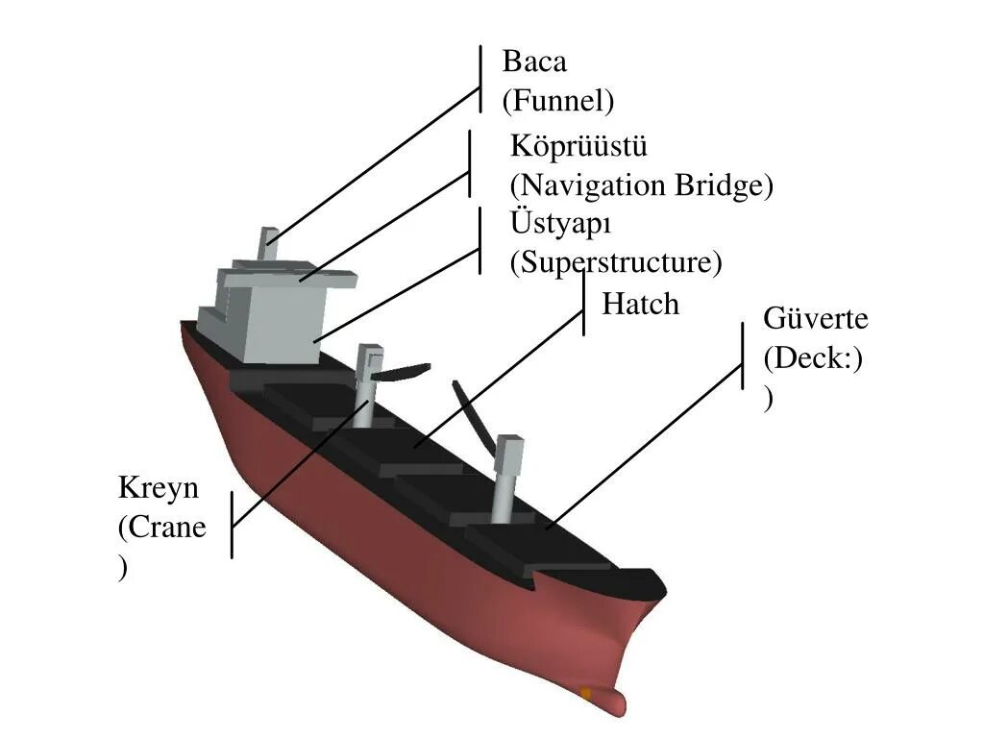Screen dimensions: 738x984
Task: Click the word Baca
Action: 534,62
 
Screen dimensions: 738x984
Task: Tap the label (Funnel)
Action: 557,100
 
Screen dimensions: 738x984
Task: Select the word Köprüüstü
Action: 578,147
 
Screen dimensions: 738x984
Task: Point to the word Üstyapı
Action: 561,224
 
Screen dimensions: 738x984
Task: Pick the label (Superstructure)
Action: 616,261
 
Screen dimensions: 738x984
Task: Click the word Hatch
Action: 640,305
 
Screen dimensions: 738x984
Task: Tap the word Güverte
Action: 816,318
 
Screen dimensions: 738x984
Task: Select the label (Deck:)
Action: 813,358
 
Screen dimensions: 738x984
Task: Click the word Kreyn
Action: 159,487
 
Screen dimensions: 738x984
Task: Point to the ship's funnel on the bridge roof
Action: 268,242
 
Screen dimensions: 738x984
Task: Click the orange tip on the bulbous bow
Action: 586,693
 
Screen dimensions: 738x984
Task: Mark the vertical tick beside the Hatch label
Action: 584,304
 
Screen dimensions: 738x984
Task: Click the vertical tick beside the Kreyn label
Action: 232,525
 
